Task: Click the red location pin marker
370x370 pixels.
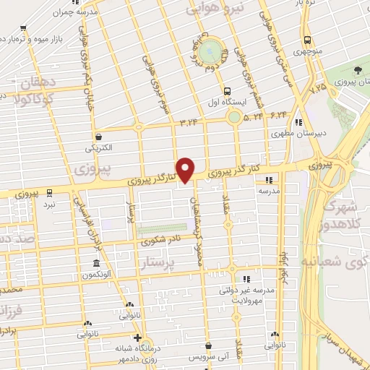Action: [x=186, y=169]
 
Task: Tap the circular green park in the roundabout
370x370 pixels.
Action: [x=211, y=51]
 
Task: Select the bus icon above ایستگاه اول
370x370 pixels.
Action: [x=228, y=91]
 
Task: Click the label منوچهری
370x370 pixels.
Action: [x=308, y=51]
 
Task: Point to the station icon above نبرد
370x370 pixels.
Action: [x=49, y=192]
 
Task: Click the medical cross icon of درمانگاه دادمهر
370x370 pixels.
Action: [x=137, y=337]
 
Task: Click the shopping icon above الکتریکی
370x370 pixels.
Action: [x=98, y=137]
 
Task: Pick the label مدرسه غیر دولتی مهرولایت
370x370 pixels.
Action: [x=246, y=295]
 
